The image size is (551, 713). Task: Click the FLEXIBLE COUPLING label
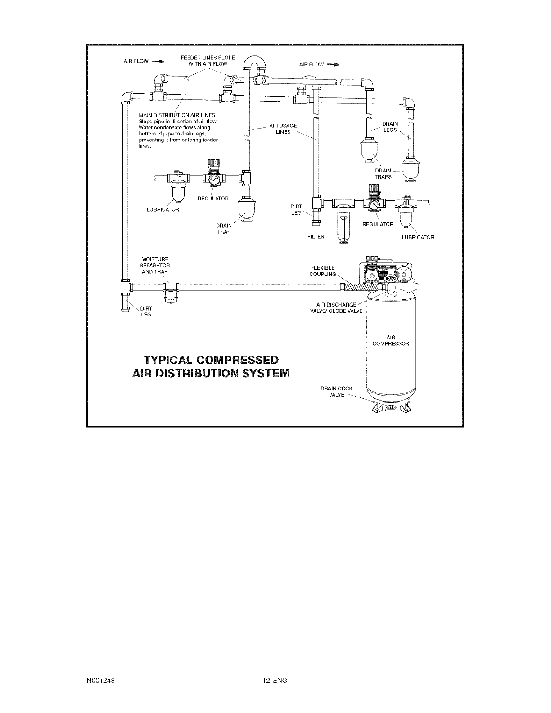(323, 271)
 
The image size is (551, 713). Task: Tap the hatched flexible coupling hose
(364, 288)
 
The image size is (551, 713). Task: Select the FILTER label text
(316, 237)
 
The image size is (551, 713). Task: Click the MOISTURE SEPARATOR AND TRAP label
(154, 266)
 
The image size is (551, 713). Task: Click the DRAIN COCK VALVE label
(336, 392)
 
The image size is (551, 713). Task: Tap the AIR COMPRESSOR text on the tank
(391, 341)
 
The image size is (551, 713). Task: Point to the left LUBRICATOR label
(163, 210)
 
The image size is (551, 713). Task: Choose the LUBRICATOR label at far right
(418, 237)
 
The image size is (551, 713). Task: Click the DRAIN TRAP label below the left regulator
(224, 229)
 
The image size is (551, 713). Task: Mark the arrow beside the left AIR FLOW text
(158, 61)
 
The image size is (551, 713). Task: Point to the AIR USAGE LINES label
(283, 129)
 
